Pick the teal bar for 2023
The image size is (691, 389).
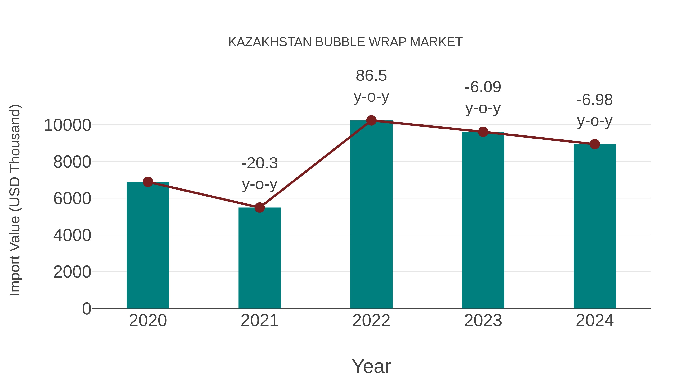point(483,220)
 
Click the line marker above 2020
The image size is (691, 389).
point(148,182)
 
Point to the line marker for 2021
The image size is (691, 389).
point(259,207)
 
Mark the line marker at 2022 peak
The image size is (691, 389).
point(371,120)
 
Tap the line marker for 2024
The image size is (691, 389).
point(595,144)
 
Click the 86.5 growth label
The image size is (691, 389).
point(371,75)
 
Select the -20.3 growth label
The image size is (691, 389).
point(259,163)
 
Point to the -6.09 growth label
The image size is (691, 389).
point(483,87)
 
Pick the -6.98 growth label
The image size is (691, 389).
point(595,100)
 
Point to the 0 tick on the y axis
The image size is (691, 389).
point(86,309)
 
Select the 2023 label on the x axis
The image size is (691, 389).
point(483,321)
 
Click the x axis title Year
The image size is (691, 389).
point(371,366)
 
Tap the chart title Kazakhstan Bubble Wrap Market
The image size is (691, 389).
point(345,42)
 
